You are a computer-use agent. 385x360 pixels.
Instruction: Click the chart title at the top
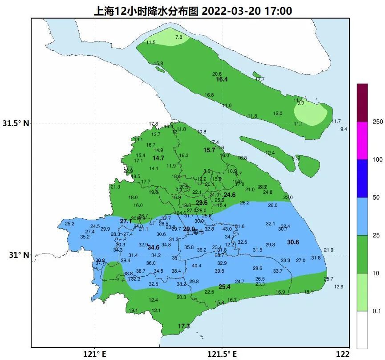coord(192,11)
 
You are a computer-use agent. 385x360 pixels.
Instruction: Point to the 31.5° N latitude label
coord(16,123)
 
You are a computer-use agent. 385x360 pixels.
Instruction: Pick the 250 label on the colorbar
coord(378,122)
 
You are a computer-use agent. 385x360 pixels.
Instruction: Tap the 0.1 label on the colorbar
coord(377,311)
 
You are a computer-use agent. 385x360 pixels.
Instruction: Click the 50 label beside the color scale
coord(376,197)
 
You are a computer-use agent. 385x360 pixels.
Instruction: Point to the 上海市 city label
coord(195,232)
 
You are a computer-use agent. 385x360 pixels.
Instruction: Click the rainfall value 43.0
coord(227,229)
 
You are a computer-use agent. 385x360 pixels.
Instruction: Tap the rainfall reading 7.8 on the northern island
coord(179,37)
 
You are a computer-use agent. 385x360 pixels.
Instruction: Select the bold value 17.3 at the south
coord(184,327)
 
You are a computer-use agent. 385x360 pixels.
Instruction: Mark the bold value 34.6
coord(154,247)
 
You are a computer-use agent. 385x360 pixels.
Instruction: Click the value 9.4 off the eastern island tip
coord(344,129)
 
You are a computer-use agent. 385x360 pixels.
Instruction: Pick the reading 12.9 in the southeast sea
coord(339,287)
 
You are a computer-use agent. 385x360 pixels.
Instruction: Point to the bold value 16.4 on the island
coord(222,79)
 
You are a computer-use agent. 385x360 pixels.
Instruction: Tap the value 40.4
coord(196,266)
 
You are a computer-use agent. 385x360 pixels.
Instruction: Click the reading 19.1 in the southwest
coord(133,311)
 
